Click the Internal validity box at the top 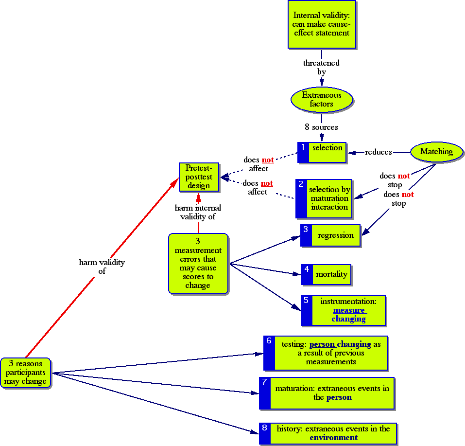coord(321,24)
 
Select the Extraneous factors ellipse coord(321,99)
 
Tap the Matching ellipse coord(436,152)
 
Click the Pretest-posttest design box coord(198,177)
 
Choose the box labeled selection coord(327,152)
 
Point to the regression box coord(335,235)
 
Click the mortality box coord(331,274)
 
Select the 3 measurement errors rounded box coord(198,263)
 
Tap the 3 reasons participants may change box coord(26,373)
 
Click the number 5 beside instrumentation coord(306,301)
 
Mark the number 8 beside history coord(264,428)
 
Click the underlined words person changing coord(340,344)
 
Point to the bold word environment coord(333,437)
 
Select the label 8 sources coord(321,127)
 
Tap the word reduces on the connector coord(378,152)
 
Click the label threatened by coord(321,67)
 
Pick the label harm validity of coord(102,267)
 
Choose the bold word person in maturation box coord(339,397)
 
